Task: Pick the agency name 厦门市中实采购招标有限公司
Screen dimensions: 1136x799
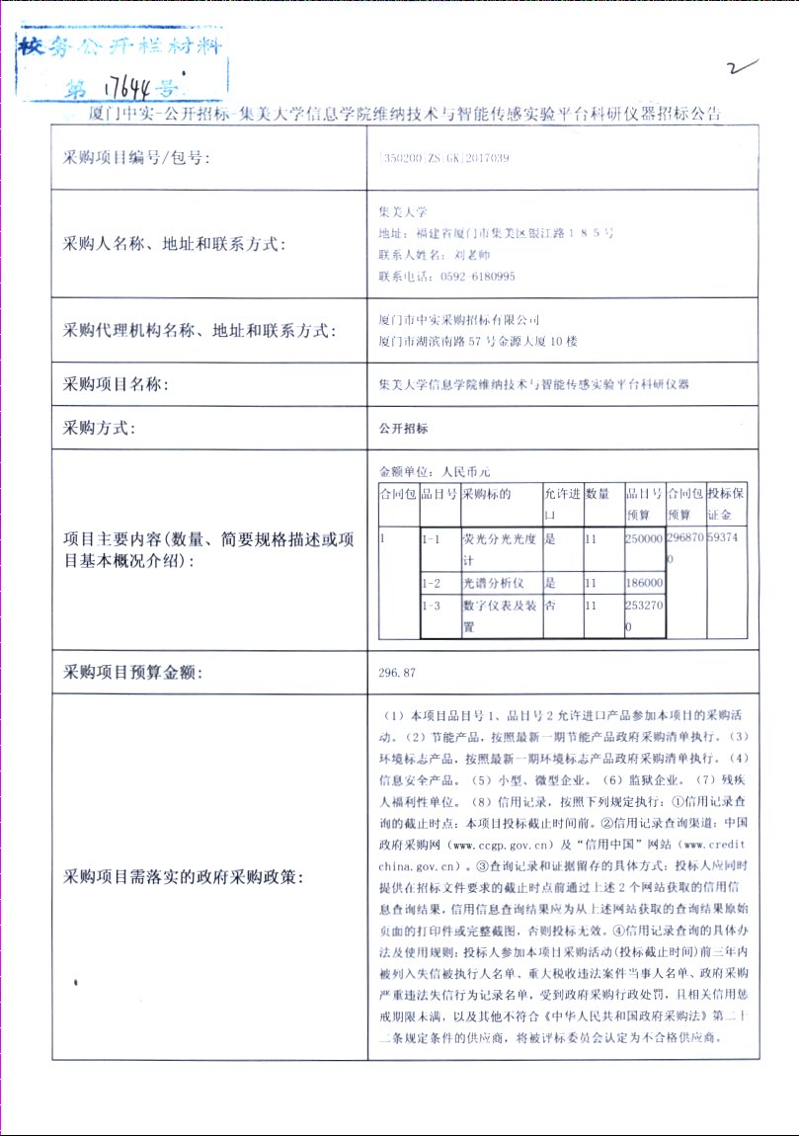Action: (460, 320)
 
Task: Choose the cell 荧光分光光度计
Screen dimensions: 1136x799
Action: (500, 549)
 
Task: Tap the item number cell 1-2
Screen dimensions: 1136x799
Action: (431, 584)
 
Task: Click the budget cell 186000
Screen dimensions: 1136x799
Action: (644, 584)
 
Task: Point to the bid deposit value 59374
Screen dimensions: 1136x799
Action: (727, 540)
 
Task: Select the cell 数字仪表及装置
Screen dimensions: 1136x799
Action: (500, 616)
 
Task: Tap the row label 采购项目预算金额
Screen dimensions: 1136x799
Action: (133, 673)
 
